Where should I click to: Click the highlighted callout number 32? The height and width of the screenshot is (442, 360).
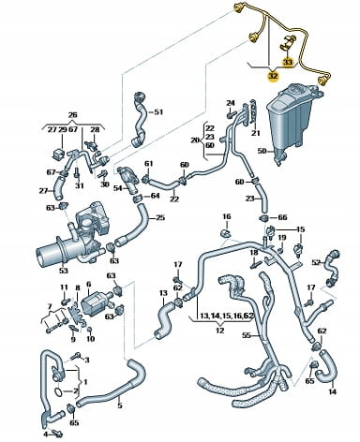273,76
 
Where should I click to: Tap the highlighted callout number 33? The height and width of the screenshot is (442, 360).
288,63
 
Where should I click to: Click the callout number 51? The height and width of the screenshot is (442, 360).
158,112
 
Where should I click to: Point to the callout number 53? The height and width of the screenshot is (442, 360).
64,270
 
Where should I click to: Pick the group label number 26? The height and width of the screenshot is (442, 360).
72,115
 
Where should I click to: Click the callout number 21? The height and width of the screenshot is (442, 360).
256,133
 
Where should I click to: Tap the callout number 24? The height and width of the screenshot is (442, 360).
231,103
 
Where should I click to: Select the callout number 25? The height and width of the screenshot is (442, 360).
160,217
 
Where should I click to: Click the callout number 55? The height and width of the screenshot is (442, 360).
247,335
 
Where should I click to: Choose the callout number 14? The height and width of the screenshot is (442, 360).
333,391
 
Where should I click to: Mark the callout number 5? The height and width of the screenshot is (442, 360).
120,405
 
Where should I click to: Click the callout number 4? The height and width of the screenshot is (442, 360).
46,435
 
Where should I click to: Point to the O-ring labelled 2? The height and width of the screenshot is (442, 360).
59,391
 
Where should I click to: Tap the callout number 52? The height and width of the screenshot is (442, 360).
317,263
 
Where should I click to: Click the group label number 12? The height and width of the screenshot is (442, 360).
220,331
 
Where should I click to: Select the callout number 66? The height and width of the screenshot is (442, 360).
282,217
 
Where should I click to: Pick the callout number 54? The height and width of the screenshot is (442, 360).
118,188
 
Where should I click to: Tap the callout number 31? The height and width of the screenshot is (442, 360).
80,185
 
